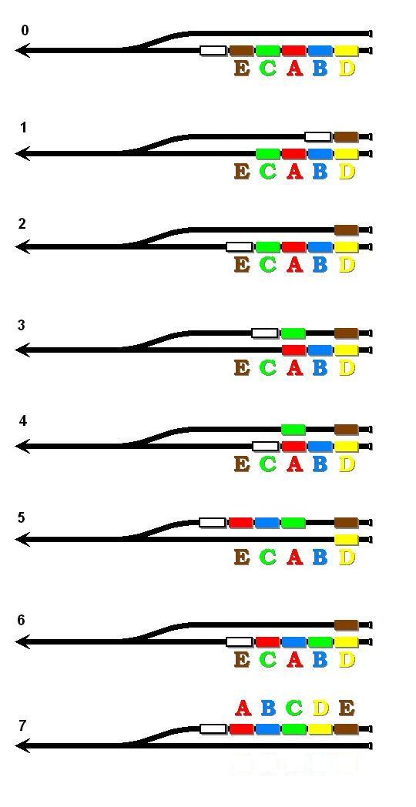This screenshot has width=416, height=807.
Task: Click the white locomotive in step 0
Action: tap(213, 51)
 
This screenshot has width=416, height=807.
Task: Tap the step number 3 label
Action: tap(21, 326)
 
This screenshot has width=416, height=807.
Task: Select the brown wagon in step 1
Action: tap(346, 137)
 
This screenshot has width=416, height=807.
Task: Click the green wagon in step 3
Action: tap(294, 333)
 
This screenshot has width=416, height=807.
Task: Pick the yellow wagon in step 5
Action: tap(346, 539)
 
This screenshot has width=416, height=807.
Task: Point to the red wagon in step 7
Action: tap(241, 728)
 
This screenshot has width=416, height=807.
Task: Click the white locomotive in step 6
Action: tap(240, 641)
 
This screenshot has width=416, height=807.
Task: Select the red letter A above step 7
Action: tap(243, 708)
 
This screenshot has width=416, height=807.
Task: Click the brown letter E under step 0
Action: tap(242, 69)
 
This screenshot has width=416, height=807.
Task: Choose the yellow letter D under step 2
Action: tap(347, 265)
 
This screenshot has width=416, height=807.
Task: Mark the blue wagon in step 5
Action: tap(267, 522)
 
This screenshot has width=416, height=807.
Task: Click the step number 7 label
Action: tap(22, 725)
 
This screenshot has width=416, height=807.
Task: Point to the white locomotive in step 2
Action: tap(240, 246)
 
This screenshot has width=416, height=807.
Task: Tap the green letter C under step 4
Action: tap(268, 464)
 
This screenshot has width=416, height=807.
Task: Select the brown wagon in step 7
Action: tap(346, 728)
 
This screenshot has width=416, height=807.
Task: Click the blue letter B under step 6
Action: tap(320, 659)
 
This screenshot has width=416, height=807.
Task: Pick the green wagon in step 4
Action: tap(294, 429)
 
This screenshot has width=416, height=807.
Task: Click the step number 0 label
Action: tap(25, 30)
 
